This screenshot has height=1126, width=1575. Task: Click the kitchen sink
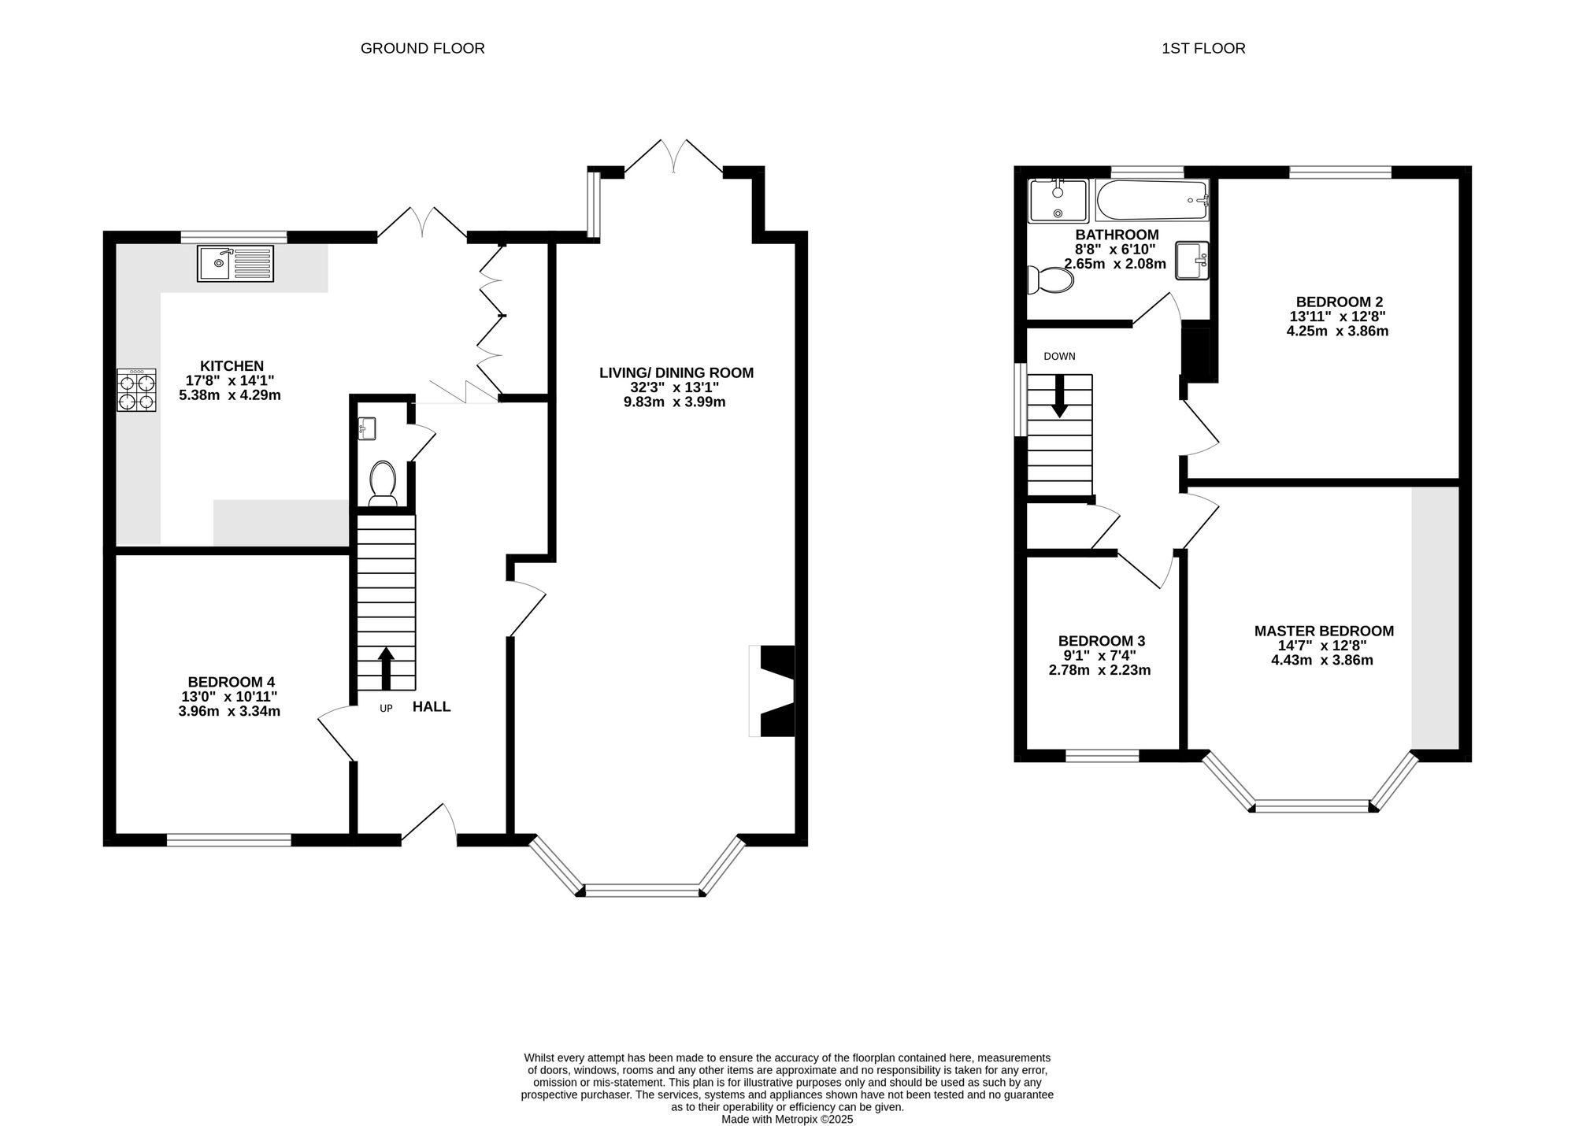pos(235,263)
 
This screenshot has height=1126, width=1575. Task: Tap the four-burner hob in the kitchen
pos(136,391)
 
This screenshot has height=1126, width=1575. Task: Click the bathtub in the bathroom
pos(1151,201)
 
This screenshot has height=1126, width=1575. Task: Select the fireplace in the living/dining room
pos(772,691)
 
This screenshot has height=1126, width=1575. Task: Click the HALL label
pos(432,707)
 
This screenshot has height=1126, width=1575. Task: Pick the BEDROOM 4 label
pos(231,682)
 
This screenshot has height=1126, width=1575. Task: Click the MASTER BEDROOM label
pos(1324,631)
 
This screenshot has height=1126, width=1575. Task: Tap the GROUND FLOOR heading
pos(422,48)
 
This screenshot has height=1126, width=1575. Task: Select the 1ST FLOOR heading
pos(1203,48)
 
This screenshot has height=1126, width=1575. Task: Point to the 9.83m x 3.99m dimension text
pos(674,402)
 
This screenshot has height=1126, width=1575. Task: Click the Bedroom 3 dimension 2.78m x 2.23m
pos(1099,670)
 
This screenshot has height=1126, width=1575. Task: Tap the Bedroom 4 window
pos(229,840)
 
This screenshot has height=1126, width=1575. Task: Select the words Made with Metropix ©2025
pos(787,1119)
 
